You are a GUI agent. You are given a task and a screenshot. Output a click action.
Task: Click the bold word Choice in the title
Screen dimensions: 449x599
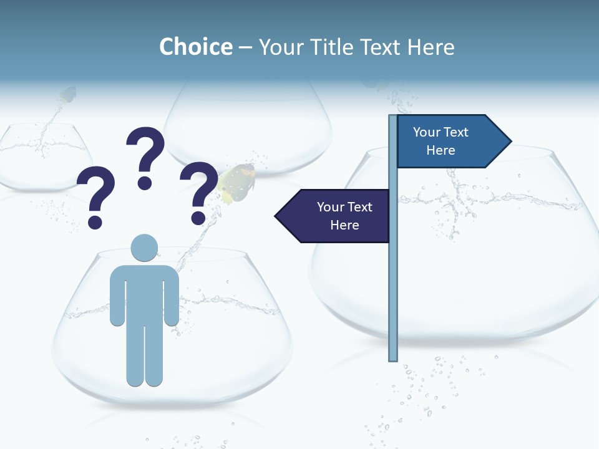point(195,47)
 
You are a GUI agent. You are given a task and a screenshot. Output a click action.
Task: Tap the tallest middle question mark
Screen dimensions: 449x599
point(145,156)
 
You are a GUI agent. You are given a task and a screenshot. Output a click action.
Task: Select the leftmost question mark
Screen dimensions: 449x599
point(95,196)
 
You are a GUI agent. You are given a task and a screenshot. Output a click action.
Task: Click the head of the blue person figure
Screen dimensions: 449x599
point(144,248)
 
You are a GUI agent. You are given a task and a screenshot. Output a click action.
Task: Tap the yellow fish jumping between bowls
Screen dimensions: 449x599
point(238,183)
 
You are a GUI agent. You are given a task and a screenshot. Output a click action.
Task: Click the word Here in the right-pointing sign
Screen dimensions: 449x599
point(441,150)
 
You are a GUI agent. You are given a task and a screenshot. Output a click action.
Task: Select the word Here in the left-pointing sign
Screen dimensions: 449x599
point(344,225)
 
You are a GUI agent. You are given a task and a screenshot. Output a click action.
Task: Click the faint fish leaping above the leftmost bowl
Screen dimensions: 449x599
point(67,95)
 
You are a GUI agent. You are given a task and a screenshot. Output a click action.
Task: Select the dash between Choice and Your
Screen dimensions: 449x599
point(245,47)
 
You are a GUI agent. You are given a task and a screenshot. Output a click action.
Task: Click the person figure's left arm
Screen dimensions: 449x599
point(117,296)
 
